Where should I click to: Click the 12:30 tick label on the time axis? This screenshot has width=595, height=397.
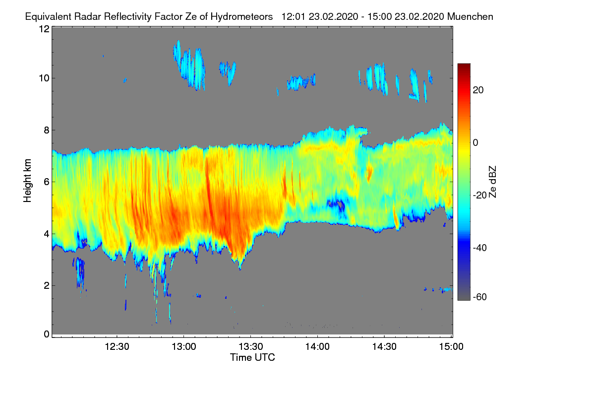[117, 346]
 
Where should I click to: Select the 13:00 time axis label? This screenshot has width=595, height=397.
[184, 346]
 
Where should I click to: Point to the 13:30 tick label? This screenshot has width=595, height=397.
[251, 346]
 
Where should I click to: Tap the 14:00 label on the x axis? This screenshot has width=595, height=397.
[317, 346]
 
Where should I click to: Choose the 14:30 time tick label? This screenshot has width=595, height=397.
[384, 346]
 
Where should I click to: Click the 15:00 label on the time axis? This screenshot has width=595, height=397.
[451, 346]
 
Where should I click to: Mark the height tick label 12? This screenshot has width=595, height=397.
[44, 29]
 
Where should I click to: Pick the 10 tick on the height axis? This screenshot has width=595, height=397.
[44, 78]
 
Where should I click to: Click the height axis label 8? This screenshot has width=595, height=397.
[47, 130]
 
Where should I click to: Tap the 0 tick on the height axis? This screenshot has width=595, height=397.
[47, 334]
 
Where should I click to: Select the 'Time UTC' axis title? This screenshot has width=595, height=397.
[252, 357]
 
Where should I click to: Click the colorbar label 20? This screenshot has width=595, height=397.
[478, 90]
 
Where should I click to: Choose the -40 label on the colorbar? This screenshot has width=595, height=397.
[480, 247]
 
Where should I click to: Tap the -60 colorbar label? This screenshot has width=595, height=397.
[480, 297]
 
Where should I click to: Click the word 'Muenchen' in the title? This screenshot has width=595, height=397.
[470, 16]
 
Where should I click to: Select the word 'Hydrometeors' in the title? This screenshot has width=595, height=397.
[241, 16]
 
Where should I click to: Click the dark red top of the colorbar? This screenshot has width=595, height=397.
[464, 66]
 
